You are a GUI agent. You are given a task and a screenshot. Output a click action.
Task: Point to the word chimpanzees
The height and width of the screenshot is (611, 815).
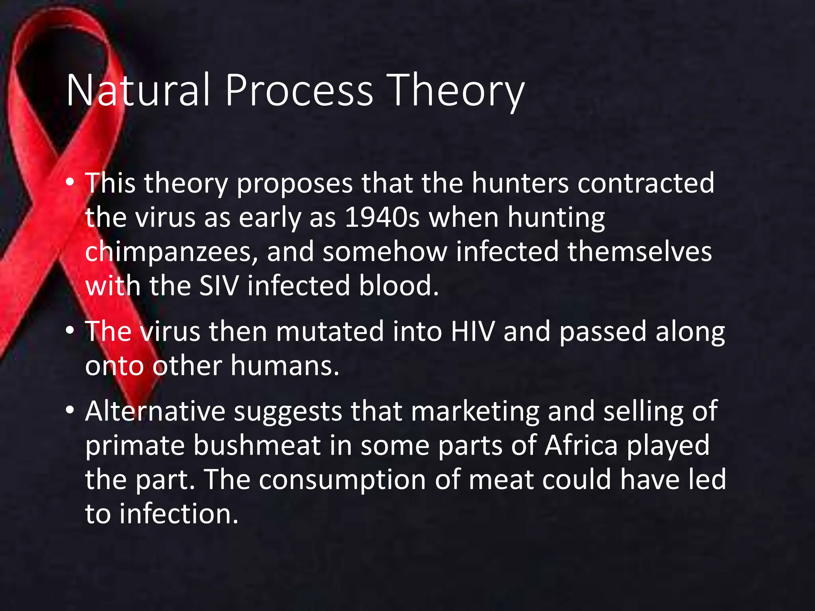tap(171, 252)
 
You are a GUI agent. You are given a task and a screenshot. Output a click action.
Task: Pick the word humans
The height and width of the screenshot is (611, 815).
tap(285, 366)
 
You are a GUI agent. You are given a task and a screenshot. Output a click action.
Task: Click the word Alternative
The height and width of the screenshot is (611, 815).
tap(155, 411)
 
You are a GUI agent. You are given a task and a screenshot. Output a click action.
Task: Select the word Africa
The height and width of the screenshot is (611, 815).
tap(581, 445)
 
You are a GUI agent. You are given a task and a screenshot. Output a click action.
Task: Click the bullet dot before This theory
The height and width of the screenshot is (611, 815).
tap(70, 182)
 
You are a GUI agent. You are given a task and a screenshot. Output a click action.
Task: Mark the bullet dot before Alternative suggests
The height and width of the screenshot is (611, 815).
tap(70, 410)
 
